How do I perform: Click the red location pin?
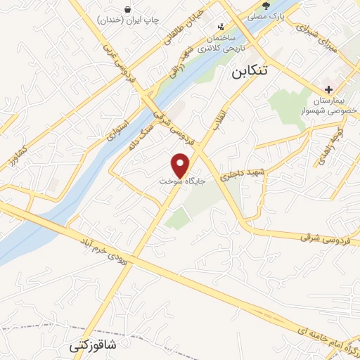coord(182,165)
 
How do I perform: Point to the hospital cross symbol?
coord(328,89)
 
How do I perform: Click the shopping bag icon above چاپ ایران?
coord(128,8)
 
